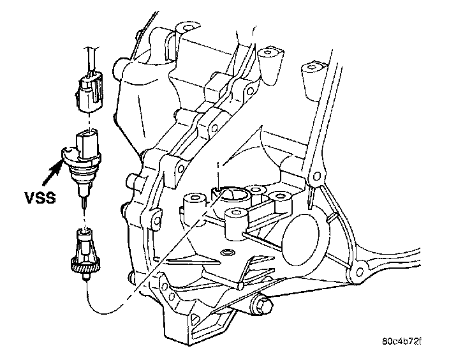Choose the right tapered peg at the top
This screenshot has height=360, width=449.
coord(313,77)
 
